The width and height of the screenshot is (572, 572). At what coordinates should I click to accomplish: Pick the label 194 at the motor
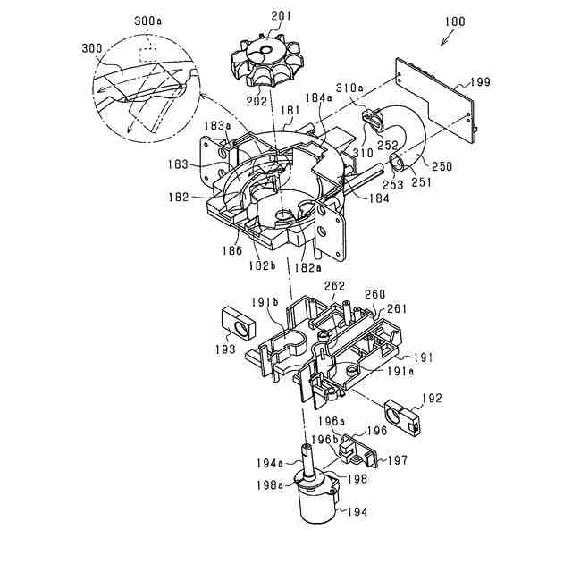(356, 512)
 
